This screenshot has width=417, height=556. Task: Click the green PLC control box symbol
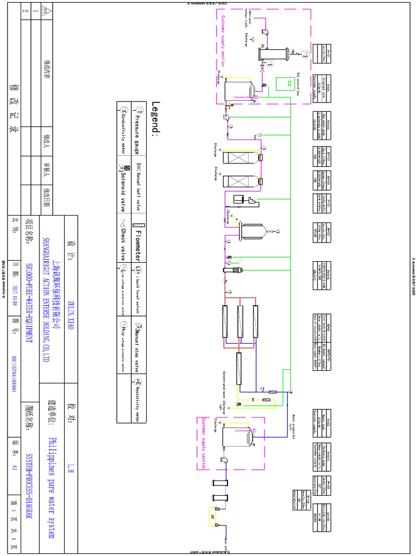click(282, 83)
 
